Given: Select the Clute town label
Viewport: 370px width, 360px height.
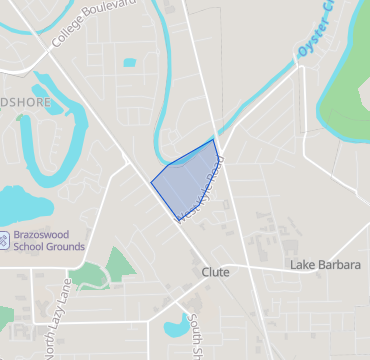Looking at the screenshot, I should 215,272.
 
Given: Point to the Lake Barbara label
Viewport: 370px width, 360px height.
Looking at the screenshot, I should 322,265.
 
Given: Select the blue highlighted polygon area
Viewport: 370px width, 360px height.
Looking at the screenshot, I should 188,180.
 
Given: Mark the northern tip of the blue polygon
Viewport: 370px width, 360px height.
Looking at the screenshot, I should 214,139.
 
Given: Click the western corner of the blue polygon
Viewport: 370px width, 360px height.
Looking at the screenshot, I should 151,182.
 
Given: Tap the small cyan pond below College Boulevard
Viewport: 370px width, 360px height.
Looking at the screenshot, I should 130,63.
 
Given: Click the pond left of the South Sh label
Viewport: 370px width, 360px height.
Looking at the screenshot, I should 176,324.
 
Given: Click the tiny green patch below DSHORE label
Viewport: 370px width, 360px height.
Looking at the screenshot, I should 22,118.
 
